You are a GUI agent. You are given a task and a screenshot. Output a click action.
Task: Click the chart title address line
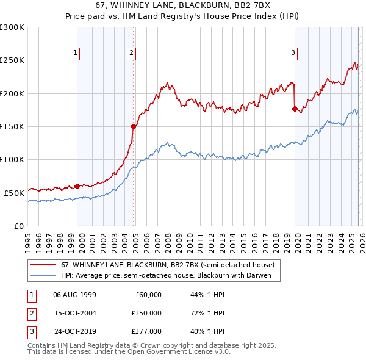tap(183, 4)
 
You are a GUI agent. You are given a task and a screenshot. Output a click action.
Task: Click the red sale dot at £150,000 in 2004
tap(133, 127)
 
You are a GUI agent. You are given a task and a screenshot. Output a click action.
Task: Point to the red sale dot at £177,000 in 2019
tap(295, 109)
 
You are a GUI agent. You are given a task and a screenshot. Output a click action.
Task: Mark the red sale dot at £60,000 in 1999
tap(77, 186)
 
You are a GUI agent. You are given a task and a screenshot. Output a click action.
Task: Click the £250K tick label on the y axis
tap(12, 60)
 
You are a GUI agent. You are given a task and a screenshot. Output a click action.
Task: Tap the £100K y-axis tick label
tap(12, 159)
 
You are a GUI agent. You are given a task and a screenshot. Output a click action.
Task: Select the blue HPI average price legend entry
tap(170, 276)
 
